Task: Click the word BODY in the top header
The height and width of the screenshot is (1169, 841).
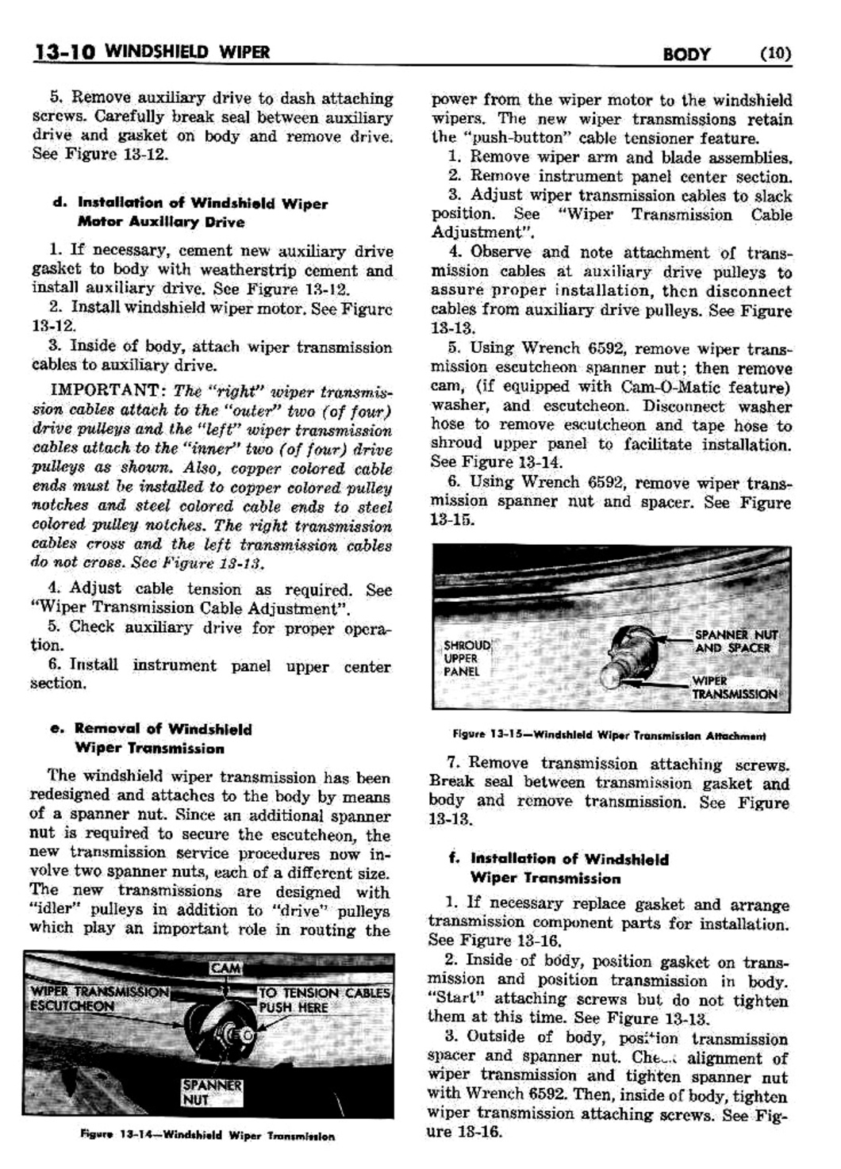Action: point(686,55)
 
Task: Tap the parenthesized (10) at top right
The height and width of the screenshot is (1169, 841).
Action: point(775,54)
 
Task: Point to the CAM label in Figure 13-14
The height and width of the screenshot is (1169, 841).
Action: point(225,968)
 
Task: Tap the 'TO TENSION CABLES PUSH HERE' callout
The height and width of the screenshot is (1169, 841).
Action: point(324,999)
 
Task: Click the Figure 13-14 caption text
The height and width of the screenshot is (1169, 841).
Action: point(207,1136)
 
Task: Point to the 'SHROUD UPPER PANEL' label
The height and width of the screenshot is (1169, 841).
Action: point(466,658)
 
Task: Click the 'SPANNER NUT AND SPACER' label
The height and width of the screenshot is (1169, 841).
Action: point(735,641)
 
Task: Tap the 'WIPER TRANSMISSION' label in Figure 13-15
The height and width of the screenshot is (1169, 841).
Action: point(734,688)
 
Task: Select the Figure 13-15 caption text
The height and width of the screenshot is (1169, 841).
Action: point(609,734)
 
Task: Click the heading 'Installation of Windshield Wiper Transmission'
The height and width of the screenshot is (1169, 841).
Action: point(569,868)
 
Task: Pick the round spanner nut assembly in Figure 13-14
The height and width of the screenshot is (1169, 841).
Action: point(237,1036)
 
